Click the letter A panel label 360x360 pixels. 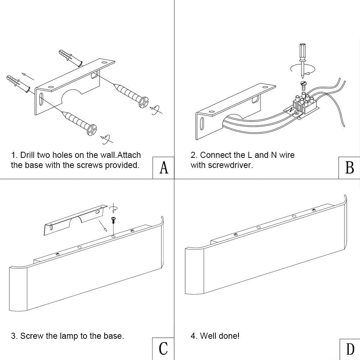click(164, 168)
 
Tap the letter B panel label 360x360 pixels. click(349, 168)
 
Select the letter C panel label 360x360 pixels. click(163, 348)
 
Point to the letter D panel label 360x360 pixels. click(350, 348)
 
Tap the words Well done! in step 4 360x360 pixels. click(220, 336)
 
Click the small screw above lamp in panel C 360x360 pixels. click(113, 219)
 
